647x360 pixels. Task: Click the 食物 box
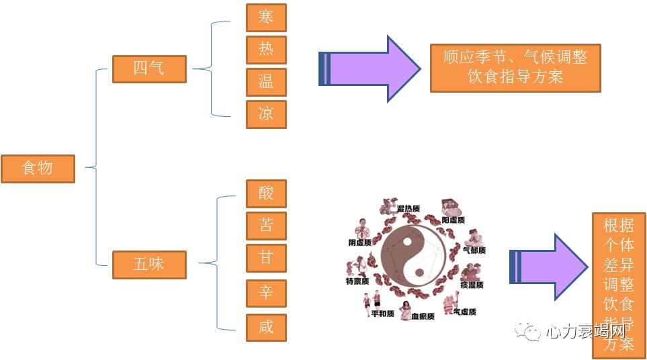pos(38,168)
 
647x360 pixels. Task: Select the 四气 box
pos(148,69)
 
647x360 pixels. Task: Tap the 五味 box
pos(148,264)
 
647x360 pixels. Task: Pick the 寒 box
pos(266,17)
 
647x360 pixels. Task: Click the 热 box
pos(266,50)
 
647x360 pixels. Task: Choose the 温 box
pos(266,82)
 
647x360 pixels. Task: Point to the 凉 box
pos(266,114)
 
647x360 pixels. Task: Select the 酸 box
pos(266,193)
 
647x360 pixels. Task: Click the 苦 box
pos(266,226)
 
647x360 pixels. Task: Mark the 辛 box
pos(266,294)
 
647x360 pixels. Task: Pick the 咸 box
pos(266,328)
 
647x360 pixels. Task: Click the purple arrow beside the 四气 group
pos(368,69)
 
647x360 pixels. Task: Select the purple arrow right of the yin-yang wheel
pos(548,267)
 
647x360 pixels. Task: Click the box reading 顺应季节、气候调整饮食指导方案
pos(515,68)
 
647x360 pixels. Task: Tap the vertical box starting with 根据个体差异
pos(618,285)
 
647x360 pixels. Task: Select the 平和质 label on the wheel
pos(382,314)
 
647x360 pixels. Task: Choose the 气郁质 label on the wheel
pos(474,250)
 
